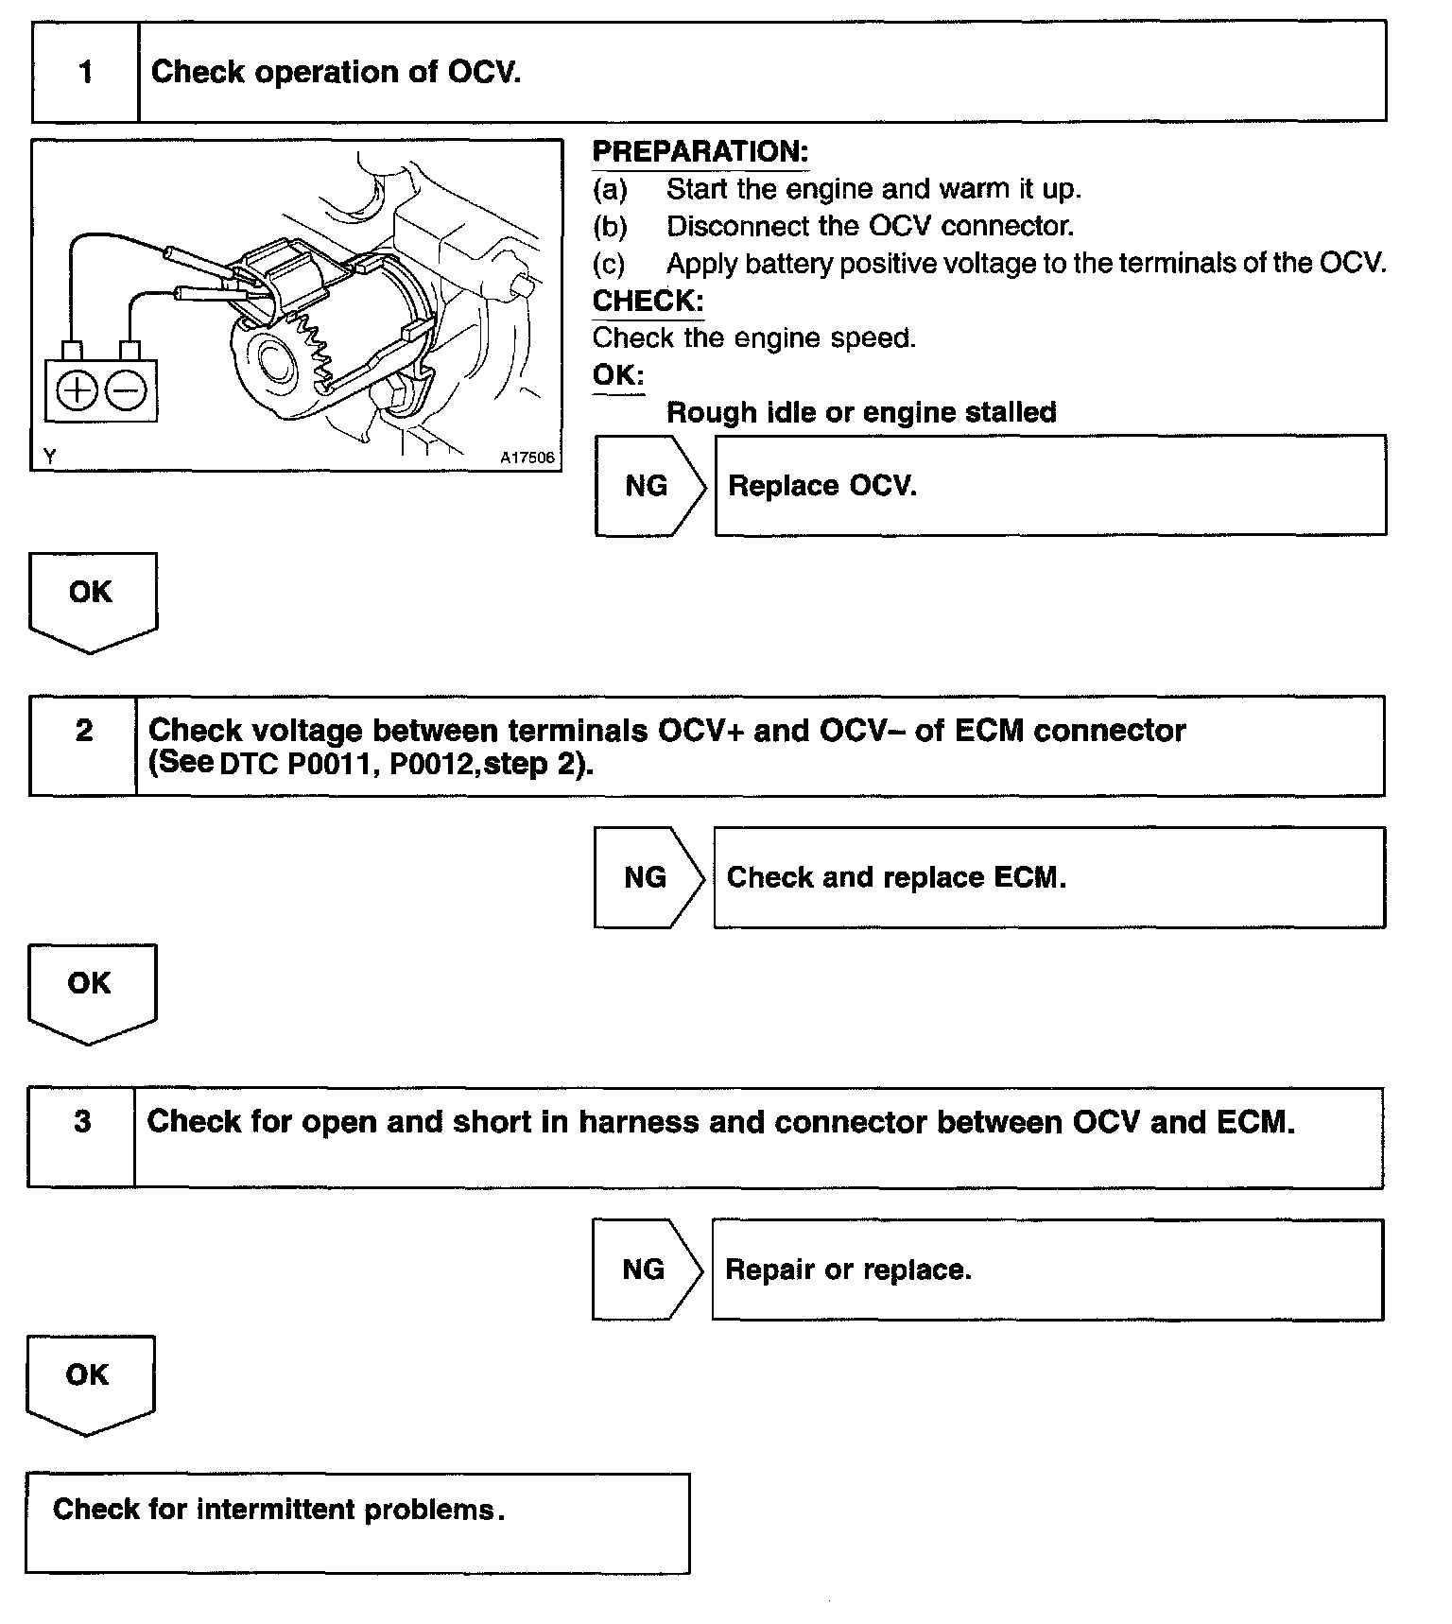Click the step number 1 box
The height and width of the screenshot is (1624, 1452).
[x=85, y=72]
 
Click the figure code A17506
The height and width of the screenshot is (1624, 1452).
[x=527, y=458]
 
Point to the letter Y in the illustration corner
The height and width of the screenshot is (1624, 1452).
[x=49, y=457]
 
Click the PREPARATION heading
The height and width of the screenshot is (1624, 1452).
[x=700, y=151]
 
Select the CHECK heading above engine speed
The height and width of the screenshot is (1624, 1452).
[x=648, y=301]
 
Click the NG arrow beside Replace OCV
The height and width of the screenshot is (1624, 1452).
[x=648, y=486]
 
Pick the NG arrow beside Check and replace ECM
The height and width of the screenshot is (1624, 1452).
[x=647, y=877]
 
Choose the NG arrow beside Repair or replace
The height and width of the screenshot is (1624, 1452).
[x=645, y=1270]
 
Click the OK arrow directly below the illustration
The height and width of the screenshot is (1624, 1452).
[x=92, y=599]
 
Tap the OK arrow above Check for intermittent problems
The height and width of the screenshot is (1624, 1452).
[x=89, y=1381]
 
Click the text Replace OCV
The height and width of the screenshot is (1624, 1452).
[x=821, y=486]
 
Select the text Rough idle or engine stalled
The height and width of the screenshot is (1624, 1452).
[x=861, y=412]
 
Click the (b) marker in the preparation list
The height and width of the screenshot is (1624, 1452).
[x=610, y=227]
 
